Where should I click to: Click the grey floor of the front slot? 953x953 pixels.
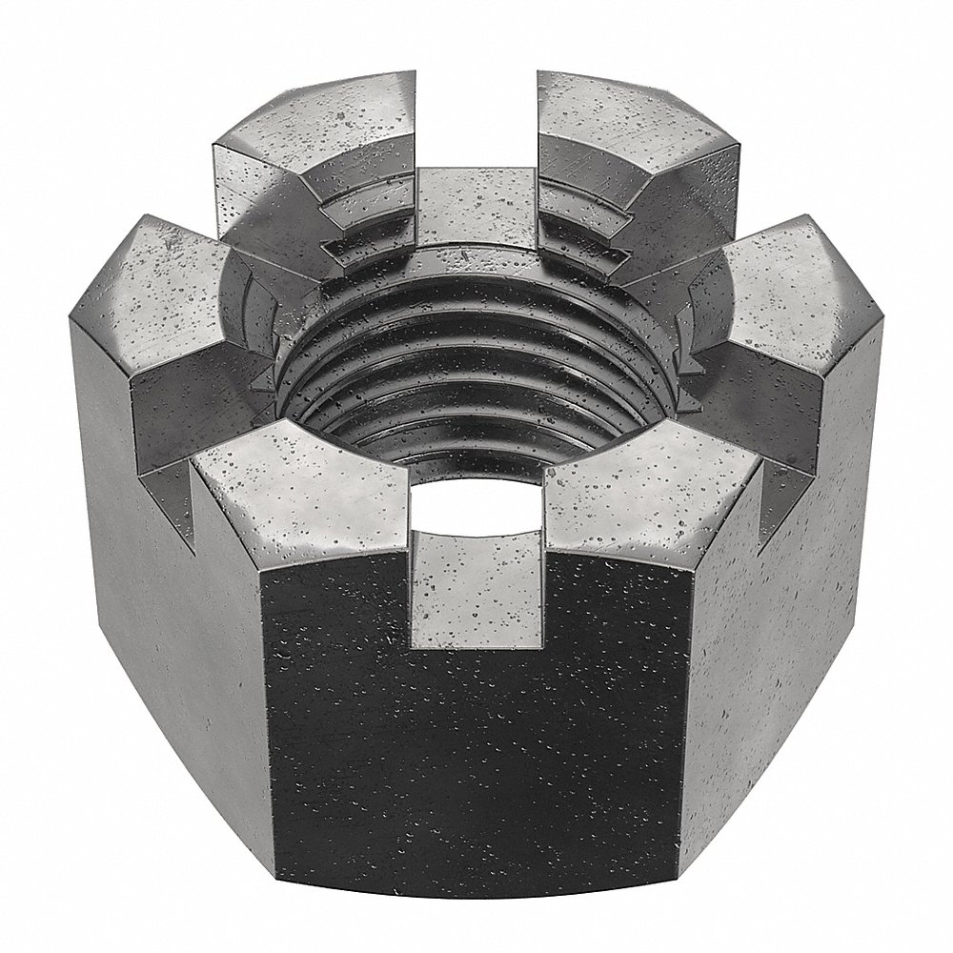pos(476,591)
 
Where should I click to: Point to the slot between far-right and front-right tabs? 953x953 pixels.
pos(762,419)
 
